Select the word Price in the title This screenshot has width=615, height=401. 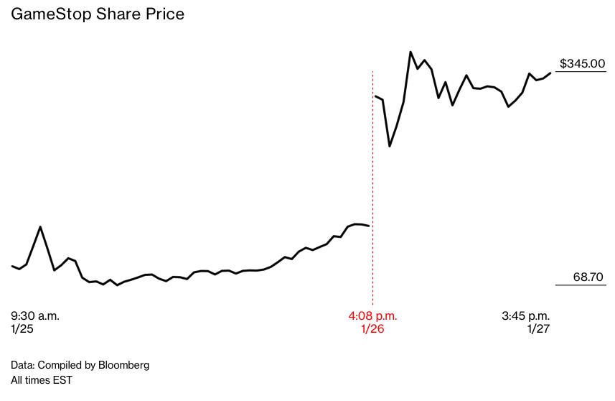[164, 14]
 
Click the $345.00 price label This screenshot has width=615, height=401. [582, 63]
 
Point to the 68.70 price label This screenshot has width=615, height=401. [588, 277]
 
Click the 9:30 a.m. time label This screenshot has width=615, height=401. [35, 315]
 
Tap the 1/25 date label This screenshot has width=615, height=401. [22, 329]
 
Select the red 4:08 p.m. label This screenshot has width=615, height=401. [372, 315]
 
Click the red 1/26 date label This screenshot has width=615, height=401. [372, 329]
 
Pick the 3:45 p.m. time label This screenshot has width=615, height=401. [525, 315]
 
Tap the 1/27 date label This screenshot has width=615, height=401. [538, 329]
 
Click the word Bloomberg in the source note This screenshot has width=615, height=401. [123, 365]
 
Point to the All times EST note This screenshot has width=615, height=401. [42, 380]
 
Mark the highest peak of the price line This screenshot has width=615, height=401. [410, 52]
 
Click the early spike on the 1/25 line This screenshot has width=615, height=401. [40, 227]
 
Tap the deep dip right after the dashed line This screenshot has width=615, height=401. [390, 147]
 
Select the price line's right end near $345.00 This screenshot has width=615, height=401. [550, 73]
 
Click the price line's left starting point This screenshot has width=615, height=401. [12, 266]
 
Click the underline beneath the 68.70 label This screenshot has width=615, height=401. [581, 285]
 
